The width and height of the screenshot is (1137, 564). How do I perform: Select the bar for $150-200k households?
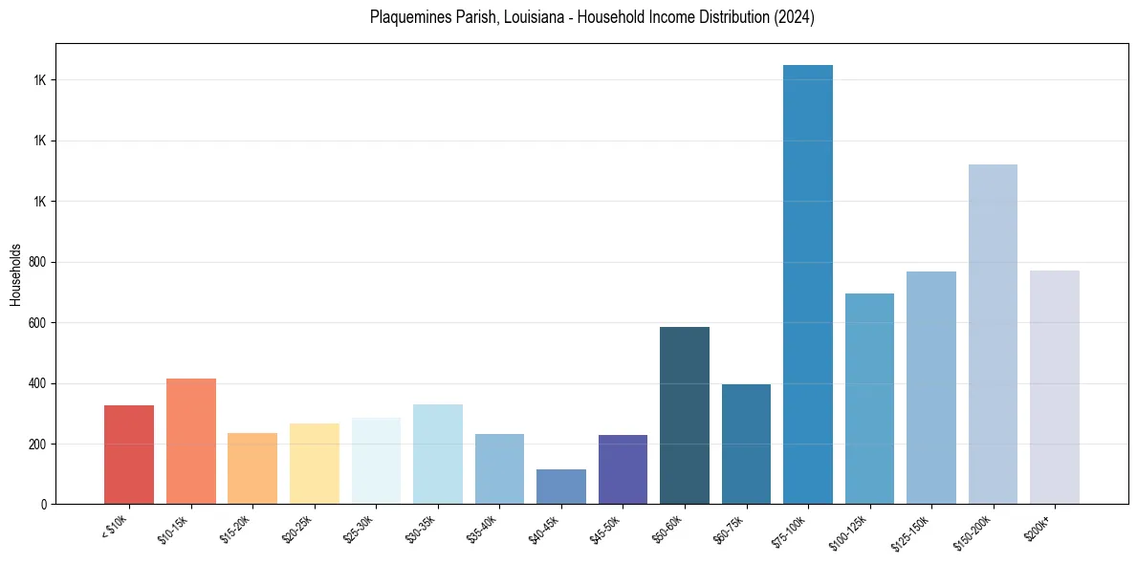993,335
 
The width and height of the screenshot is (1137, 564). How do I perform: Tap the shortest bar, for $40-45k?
561,487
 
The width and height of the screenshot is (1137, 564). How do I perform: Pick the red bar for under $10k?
129,455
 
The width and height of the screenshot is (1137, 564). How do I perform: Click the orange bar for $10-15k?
191,442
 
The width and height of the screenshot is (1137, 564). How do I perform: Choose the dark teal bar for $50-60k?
685,416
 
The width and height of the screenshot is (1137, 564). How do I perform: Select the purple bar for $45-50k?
623,469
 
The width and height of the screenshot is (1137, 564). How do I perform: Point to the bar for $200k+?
1055,387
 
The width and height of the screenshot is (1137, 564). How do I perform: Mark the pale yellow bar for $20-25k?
315,464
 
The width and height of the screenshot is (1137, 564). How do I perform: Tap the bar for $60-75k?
746,444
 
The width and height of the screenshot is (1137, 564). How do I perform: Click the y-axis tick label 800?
39,262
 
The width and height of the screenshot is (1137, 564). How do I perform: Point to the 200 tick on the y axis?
39,445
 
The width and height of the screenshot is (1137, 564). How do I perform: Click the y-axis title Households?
16,274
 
